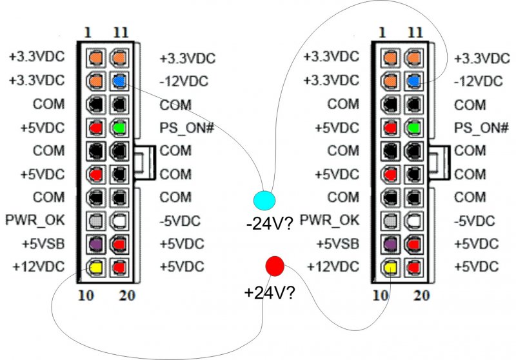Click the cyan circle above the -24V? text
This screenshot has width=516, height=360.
[x=264, y=199]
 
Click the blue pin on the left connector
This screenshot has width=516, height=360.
[x=118, y=81]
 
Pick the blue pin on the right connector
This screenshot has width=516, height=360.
[x=413, y=81]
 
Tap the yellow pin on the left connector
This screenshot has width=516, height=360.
[x=95, y=266]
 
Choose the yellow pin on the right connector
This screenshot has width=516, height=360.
[x=390, y=266]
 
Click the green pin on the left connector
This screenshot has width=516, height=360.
[x=118, y=128]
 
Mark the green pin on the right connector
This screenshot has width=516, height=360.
[x=413, y=128]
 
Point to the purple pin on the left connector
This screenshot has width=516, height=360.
[x=95, y=243]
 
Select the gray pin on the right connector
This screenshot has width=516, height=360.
[x=390, y=220]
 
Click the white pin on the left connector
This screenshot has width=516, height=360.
[x=118, y=220]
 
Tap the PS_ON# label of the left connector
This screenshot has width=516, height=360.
[x=186, y=128]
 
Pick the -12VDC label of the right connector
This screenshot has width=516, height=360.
[x=478, y=81]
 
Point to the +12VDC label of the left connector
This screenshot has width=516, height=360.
[x=37, y=266]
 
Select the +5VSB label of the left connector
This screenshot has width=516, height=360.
[x=39, y=243]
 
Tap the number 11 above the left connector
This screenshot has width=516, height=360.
[x=119, y=32]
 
